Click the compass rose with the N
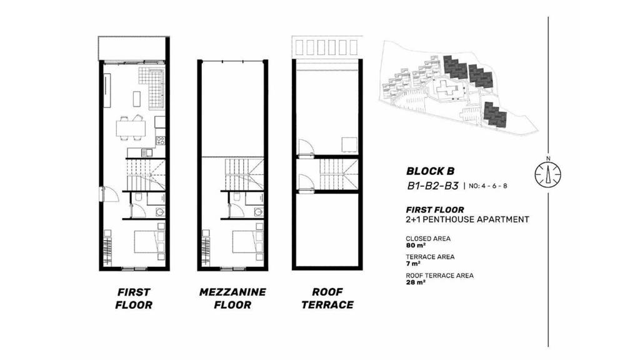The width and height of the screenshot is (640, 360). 547,174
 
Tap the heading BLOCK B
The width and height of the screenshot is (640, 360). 430,171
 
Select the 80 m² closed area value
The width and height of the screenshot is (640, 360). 416,245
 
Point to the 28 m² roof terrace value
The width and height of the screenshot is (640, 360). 416,282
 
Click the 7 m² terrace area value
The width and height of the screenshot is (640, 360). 413,264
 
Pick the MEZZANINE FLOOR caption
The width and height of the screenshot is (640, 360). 232,298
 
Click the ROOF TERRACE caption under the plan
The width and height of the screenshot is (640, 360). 327,298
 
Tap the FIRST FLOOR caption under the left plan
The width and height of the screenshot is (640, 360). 134,298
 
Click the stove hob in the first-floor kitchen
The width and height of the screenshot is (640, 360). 161,141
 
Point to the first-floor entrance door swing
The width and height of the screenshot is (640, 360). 110,194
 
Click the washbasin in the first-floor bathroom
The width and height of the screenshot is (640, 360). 159,212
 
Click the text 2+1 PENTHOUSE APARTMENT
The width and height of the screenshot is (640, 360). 467,219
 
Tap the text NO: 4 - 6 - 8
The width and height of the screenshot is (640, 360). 488,186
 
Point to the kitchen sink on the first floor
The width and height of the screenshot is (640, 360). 146,152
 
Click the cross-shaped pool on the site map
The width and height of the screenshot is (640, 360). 447,89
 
